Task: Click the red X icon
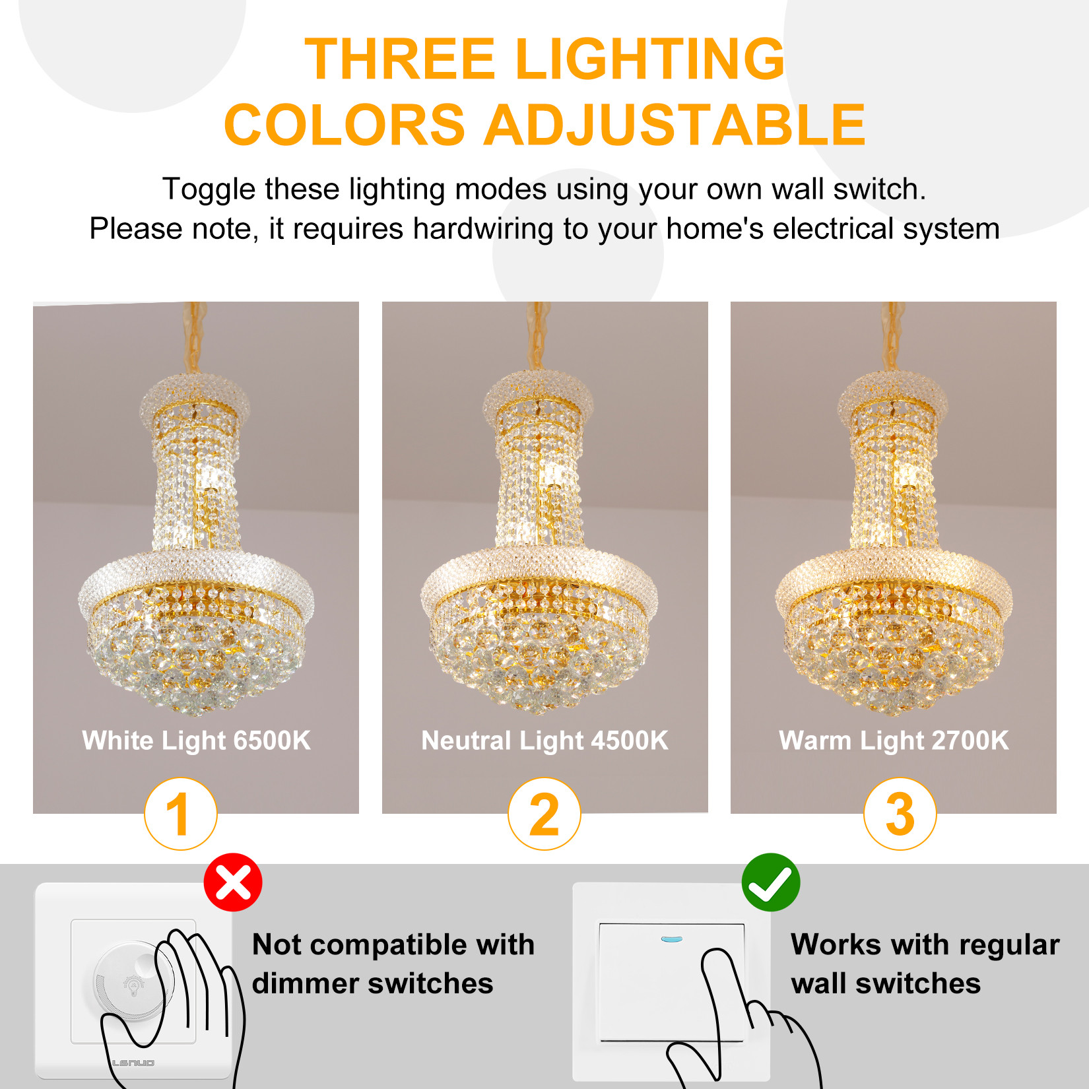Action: tap(233, 882)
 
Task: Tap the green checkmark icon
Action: tap(771, 882)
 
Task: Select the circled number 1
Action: tap(181, 814)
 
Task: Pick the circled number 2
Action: tap(544, 814)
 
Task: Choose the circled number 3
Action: tap(900, 814)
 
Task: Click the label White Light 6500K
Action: tap(196, 741)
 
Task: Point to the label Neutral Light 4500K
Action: tap(544, 741)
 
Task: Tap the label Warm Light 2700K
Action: tap(894, 741)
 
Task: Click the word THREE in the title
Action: tap(400, 59)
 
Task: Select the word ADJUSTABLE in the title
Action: tap(675, 125)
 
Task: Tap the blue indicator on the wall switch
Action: tap(671, 939)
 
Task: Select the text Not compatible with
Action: tap(393, 944)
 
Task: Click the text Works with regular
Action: tap(925, 944)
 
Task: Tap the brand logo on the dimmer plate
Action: tap(133, 1063)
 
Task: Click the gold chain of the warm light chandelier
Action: tap(893, 337)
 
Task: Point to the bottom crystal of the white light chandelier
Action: tap(196, 705)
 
